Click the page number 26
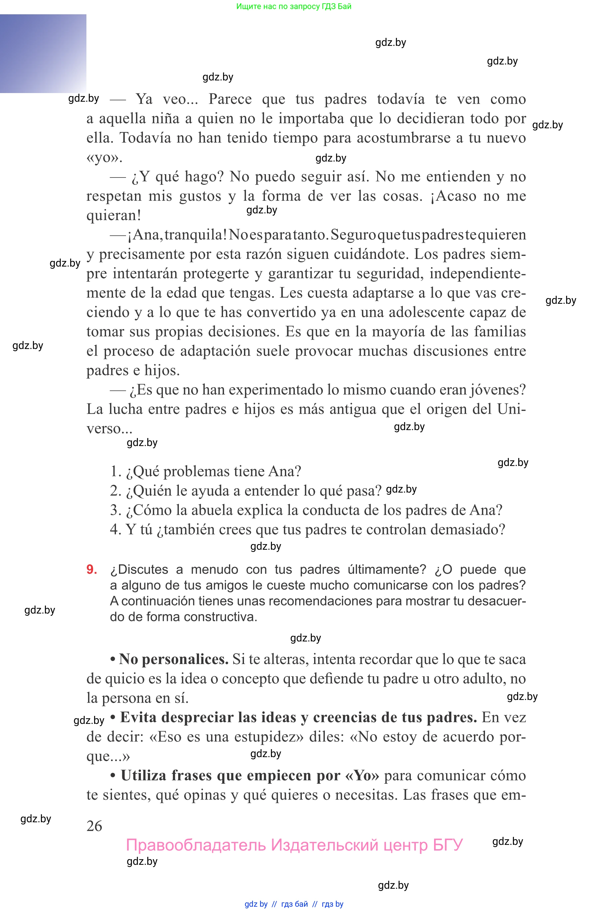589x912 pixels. [x=94, y=826]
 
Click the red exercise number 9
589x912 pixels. [x=91, y=569]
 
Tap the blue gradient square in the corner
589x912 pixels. [x=43, y=54]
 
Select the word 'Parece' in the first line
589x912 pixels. [x=230, y=99]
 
